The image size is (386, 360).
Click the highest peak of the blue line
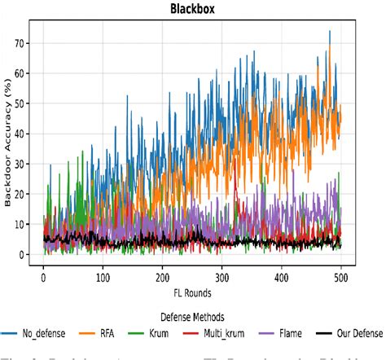[330, 31]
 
